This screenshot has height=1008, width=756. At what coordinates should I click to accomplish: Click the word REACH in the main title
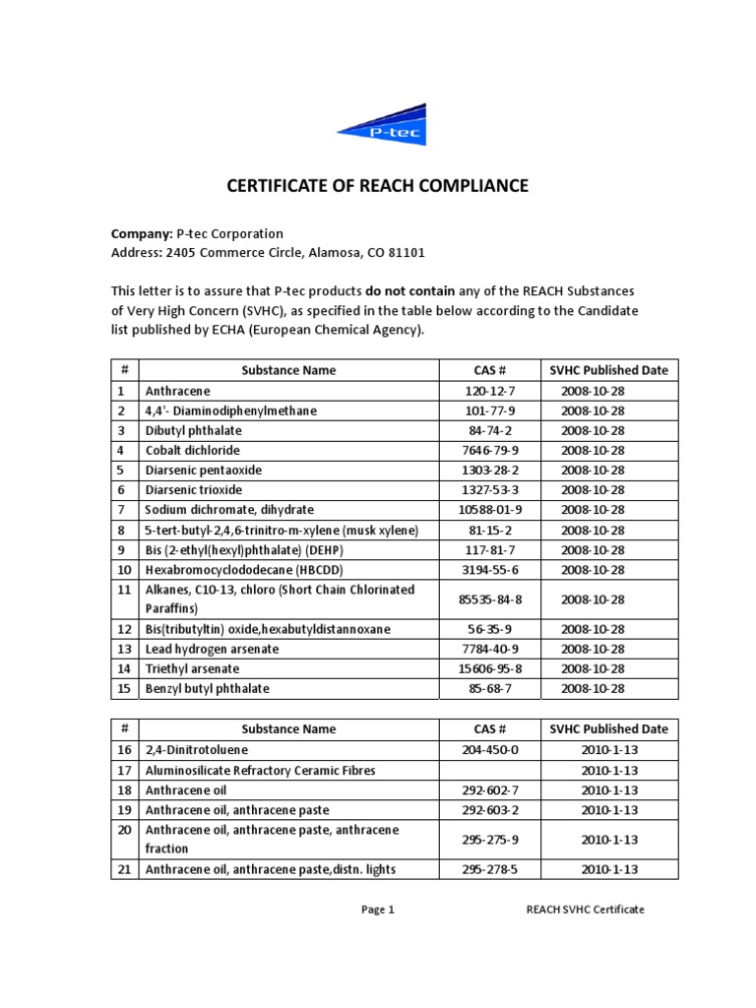(x=386, y=185)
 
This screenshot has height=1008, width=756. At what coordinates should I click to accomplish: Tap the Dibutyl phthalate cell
(x=193, y=430)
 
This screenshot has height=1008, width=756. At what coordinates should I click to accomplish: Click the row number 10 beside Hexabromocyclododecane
(x=124, y=569)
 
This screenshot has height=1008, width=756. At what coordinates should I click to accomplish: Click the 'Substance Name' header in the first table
(x=288, y=370)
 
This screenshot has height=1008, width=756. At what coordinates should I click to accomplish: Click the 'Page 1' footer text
(x=377, y=910)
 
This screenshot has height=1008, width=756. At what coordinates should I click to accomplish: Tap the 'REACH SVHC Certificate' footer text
(x=586, y=910)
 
